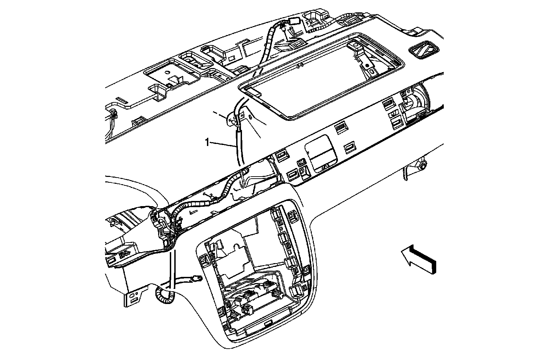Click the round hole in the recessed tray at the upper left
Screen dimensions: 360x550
pyautogui.click(x=166, y=73)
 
